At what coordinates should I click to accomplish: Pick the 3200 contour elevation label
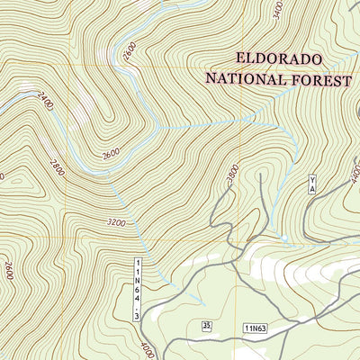[115, 221]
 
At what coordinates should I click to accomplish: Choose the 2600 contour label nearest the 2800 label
[111, 154]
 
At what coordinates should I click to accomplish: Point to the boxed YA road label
[312, 185]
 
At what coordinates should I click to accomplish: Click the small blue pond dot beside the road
[283, 238]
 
